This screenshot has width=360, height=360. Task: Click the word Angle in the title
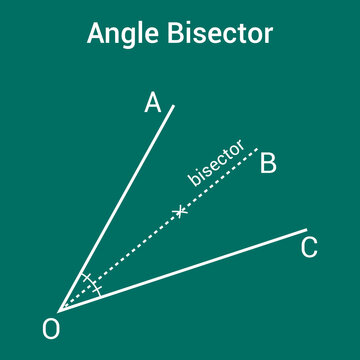click(x=117, y=34)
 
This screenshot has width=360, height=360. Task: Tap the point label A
click(x=153, y=102)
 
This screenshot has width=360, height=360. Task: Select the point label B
click(x=268, y=163)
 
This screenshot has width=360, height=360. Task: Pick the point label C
click(x=310, y=248)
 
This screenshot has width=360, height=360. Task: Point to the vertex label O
click(x=51, y=328)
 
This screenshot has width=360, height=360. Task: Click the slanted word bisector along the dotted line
click(x=217, y=163)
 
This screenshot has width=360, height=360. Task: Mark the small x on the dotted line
click(x=180, y=211)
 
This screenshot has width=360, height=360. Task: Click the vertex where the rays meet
click(x=59, y=309)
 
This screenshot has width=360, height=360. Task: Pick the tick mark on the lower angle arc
click(x=97, y=290)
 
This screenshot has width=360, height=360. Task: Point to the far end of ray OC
click(x=306, y=230)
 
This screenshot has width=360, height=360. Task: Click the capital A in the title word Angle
click(x=97, y=33)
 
